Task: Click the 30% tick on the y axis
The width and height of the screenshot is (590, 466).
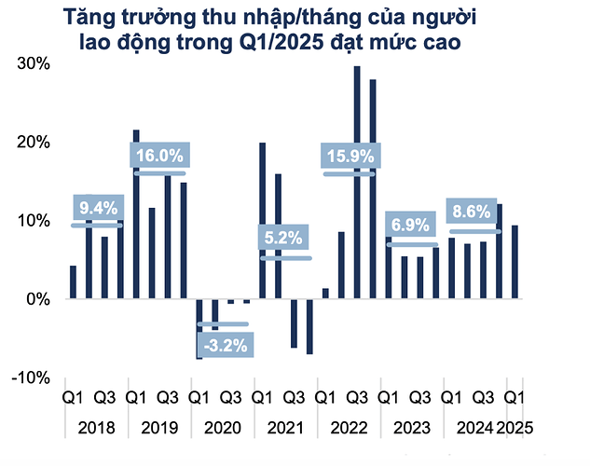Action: pos(34,63)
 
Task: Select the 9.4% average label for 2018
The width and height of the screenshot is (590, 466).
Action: pos(96,208)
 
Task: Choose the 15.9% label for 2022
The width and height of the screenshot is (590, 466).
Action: pos(349,157)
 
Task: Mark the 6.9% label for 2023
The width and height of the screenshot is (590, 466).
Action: pos(411,226)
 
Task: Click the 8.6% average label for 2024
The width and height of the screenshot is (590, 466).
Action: pos(473,212)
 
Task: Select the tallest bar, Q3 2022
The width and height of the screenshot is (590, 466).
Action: pos(357,183)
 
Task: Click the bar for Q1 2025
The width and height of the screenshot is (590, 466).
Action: pos(515,262)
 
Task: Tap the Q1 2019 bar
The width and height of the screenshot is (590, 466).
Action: pos(136,214)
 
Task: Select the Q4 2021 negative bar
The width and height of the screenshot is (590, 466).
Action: pos(309,326)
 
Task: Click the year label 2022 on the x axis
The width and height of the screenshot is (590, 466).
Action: pos(349,430)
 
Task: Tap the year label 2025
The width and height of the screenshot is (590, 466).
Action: pos(516,430)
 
